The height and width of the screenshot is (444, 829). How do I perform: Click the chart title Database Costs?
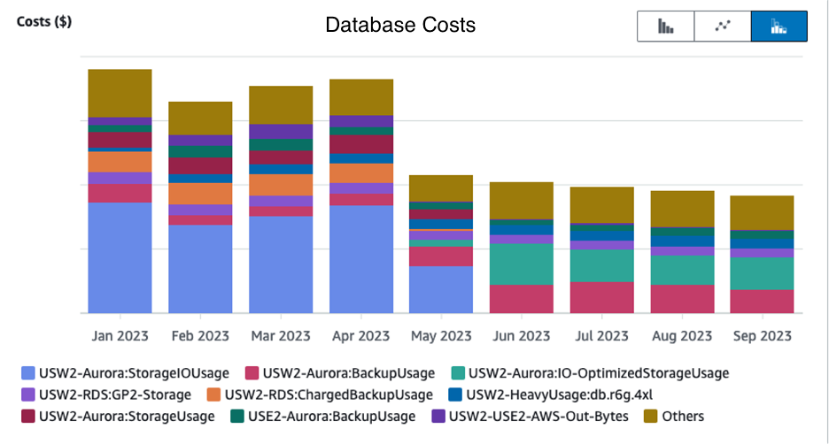[x=400, y=25]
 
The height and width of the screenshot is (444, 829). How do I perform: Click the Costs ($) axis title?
[x=44, y=21]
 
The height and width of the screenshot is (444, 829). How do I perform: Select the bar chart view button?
[x=665, y=26]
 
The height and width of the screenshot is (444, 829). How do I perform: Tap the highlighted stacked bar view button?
[x=779, y=26]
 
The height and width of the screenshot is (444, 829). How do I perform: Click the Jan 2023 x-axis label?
[x=120, y=336]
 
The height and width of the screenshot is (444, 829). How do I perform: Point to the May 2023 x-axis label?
[x=440, y=336]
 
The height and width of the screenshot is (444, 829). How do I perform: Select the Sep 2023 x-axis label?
[x=762, y=336]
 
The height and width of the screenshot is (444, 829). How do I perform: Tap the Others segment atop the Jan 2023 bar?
[x=120, y=93]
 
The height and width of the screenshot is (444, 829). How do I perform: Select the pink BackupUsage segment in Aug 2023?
[x=682, y=298]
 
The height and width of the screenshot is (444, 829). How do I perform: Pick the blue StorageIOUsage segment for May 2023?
[x=440, y=289]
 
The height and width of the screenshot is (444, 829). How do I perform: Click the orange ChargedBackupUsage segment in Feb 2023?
[x=200, y=194]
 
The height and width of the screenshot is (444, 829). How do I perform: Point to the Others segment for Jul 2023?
[x=601, y=204]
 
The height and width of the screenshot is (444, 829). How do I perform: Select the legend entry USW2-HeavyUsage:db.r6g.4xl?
[x=554, y=394]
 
